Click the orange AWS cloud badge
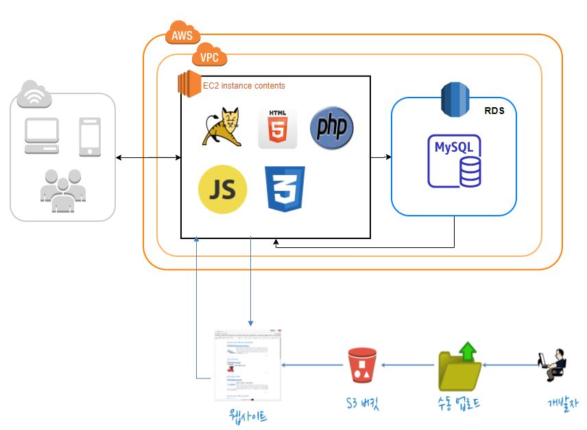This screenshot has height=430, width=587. tap(182, 35)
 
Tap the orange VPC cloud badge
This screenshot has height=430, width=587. tap(209, 57)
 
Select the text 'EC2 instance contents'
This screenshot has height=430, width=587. tap(243, 86)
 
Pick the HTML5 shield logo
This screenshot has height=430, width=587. tap(278, 128)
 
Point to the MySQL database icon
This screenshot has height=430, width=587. tap(455, 161)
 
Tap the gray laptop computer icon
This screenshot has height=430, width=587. tap(42, 135)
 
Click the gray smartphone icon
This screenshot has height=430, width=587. tap(91, 136)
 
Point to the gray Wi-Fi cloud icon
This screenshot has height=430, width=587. tap(34, 94)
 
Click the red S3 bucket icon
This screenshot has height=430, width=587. tap(362, 365)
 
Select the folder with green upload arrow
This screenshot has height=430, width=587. tap(459, 365)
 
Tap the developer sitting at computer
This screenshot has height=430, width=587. tap(552, 365)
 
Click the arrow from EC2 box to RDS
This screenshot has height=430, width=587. tap(381, 157)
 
